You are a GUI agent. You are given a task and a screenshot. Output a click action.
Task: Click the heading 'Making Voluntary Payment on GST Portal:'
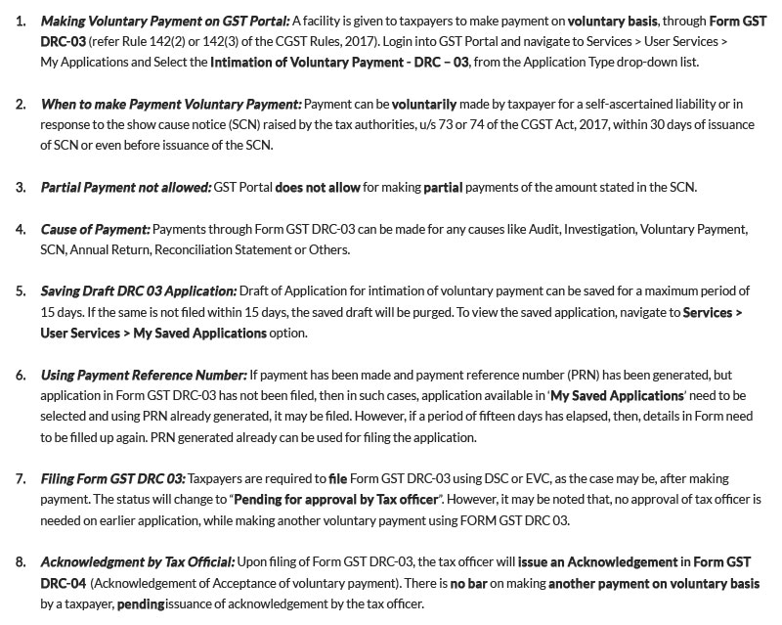[165, 21]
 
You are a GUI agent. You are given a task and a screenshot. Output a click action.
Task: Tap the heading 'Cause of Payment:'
[96, 229]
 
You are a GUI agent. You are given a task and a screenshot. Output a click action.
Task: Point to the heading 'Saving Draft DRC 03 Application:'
[139, 291]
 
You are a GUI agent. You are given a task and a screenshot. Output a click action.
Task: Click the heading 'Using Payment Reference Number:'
[144, 375]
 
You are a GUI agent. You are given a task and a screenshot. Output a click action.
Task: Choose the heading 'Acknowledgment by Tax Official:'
[138, 561]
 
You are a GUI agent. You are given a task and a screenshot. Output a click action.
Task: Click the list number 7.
[22, 478]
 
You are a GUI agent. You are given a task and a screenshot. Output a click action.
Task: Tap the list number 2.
[22, 104]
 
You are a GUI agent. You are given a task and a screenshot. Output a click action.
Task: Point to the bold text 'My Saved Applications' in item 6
[617, 395]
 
